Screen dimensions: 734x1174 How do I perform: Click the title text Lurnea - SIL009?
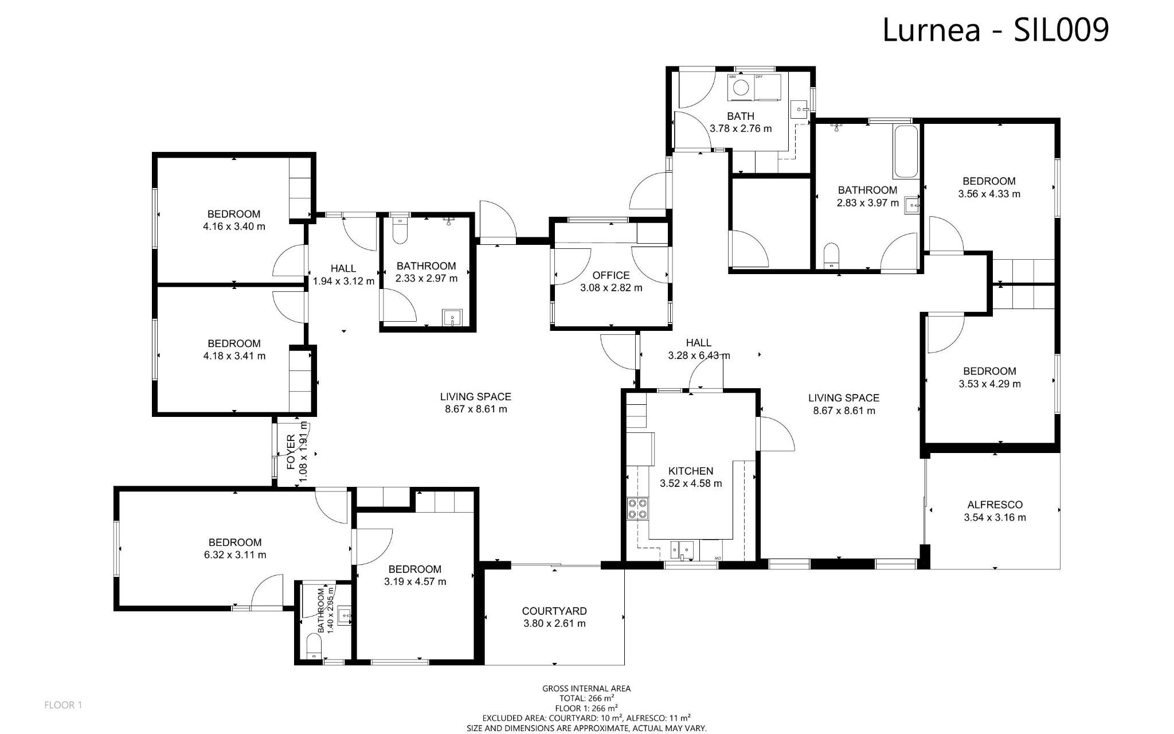click(995, 30)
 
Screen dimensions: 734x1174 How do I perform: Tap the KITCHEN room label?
click(691, 471)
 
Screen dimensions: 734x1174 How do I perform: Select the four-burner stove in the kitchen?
click(638, 508)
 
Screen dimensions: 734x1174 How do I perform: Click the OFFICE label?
click(611, 275)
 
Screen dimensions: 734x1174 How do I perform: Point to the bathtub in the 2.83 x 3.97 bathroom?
click(905, 151)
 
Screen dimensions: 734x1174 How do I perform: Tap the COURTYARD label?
click(554, 611)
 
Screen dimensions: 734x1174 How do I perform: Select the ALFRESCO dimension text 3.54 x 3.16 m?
click(995, 517)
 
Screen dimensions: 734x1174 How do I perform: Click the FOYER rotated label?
click(291, 453)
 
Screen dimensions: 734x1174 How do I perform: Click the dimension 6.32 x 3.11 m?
click(235, 555)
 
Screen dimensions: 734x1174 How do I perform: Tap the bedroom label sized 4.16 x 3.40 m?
click(234, 214)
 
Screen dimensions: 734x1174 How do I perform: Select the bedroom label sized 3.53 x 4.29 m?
click(989, 371)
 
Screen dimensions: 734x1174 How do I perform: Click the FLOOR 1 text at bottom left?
click(63, 705)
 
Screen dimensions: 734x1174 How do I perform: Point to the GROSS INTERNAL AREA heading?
click(586, 689)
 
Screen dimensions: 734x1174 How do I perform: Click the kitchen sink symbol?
click(682, 550)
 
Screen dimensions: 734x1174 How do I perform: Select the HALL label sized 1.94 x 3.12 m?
click(343, 268)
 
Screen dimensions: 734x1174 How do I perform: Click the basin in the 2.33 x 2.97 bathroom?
click(452, 317)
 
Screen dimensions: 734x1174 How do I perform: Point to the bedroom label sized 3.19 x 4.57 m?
click(415, 569)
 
